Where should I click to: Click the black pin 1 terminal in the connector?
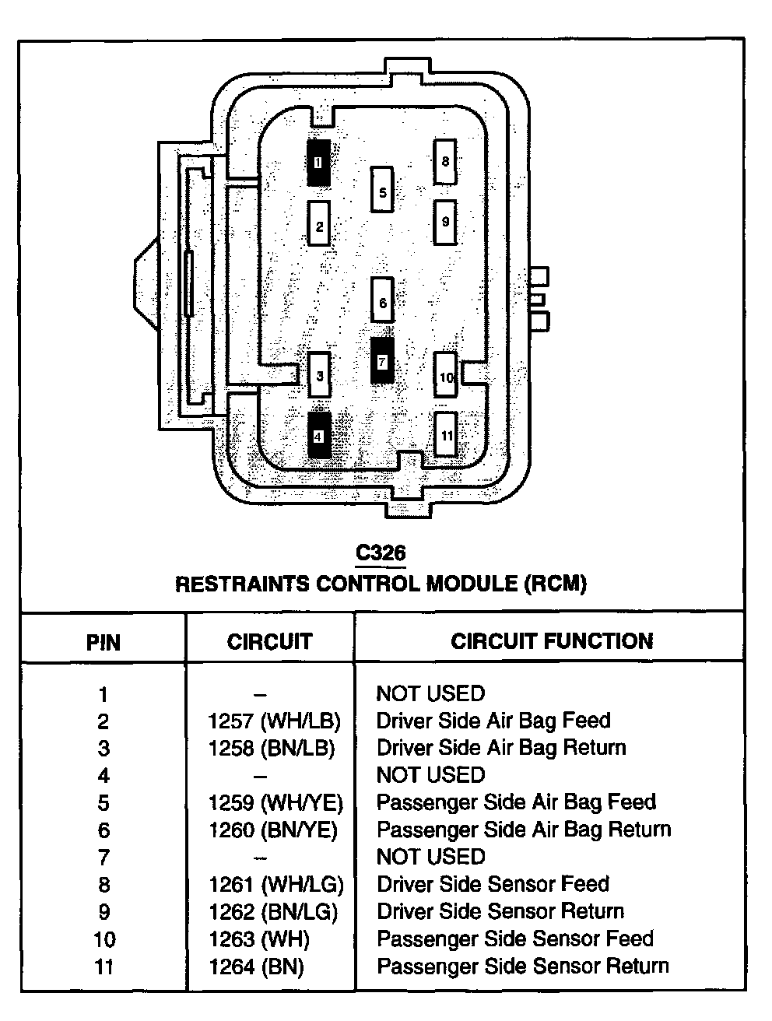click(x=318, y=163)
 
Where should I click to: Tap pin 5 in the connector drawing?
click(x=382, y=190)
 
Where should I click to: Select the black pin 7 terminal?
click(x=381, y=361)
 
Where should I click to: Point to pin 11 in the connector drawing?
click(x=446, y=435)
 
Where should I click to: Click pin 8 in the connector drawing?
click(x=445, y=162)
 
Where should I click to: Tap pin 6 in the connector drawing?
click(x=382, y=301)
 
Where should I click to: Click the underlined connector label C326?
click(x=381, y=553)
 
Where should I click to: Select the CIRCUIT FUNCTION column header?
click(x=552, y=641)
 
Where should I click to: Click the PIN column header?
click(x=103, y=643)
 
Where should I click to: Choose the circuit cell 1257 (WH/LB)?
click(x=274, y=721)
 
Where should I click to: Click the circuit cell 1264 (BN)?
click(x=256, y=967)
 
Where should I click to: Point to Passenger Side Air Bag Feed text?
click(x=516, y=802)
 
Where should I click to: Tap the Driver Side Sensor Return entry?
click(x=500, y=911)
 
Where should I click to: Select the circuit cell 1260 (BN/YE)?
click(x=273, y=830)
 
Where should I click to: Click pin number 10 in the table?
click(x=104, y=939)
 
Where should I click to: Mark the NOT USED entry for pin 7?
click(x=430, y=857)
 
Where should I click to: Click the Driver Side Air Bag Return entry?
click(x=501, y=748)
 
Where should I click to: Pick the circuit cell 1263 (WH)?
click(x=258, y=939)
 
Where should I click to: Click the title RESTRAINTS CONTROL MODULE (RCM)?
click(x=381, y=584)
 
